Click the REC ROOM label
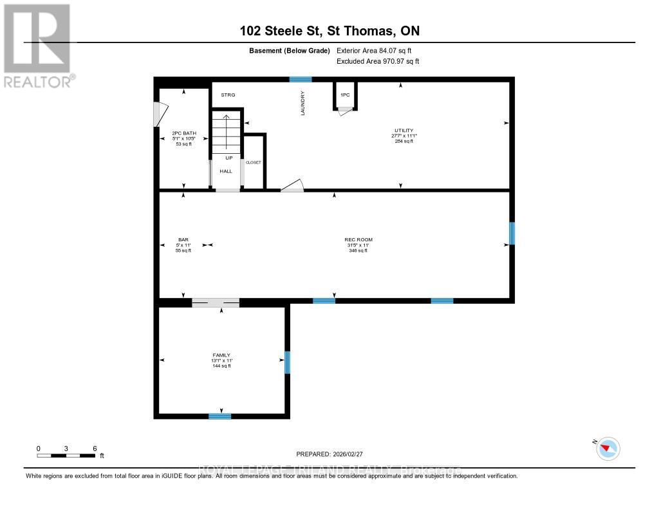coord(358,240)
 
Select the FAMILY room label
coord(221,355)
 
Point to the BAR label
coord(183,240)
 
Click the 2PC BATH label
coord(184,133)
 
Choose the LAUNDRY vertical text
coord(302,103)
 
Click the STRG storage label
coord(228,95)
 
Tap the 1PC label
coord(345,95)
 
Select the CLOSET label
coord(254,163)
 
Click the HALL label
coord(226,171)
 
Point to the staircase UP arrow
coord(225,129)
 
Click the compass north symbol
coord(608,448)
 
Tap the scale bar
coord(66,456)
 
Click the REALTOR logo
coord(37,45)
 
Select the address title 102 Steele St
coord(329,31)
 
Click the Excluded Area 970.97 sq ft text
coord(378,61)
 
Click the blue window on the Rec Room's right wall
coord(512,233)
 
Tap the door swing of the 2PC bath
coord(156,114)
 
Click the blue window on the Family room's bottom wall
coord(219,416)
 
